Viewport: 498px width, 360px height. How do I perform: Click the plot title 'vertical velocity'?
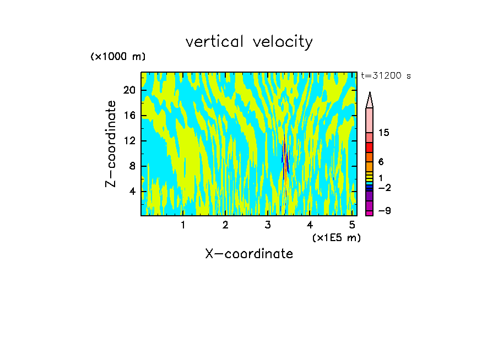click(x=249, y=42)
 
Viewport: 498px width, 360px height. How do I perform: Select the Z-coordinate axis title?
click(x=111, y=144)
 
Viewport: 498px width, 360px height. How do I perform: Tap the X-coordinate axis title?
click(x=249, y=254)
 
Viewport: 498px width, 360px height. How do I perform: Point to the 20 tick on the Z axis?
click(x=129, y=90)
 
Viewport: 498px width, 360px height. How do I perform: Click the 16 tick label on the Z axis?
click(x=129, y=116)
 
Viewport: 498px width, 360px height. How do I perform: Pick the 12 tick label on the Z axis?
click(x=129, y=141)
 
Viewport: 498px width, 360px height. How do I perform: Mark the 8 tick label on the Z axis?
click(x=132, y=166)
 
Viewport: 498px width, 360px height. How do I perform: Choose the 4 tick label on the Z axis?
click(x=132, y=192)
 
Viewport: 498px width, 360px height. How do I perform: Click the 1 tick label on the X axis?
click(x=183, y=225)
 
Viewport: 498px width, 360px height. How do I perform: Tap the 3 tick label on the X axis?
click(x=268, y=225)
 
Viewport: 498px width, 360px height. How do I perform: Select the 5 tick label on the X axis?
click(x=352, y=225)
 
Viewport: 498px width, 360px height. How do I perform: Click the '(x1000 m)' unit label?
click(x=118, y=57)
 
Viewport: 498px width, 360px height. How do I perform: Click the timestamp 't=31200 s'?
click(x=386, y=76)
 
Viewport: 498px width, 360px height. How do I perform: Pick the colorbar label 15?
click(x=384, y=133)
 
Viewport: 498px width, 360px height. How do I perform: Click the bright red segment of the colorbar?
click(x=370, y=148)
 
